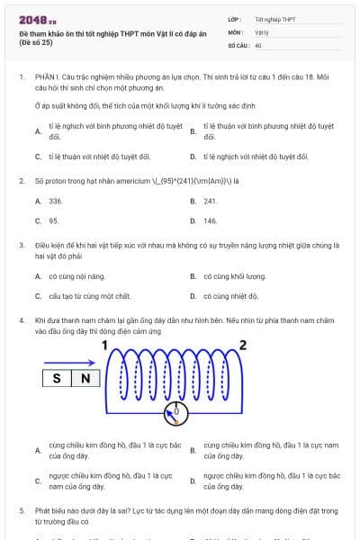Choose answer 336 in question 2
pos(55,201)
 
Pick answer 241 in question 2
pos(211,201)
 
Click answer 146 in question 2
pos(211,220)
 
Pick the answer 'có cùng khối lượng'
pos(235,276)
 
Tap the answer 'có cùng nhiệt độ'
pos(231,296)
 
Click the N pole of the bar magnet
pos(86,379)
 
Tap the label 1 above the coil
pos(105,344)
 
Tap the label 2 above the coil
pos(241,344)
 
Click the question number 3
pos(21,245)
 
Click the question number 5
pos(21,510)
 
